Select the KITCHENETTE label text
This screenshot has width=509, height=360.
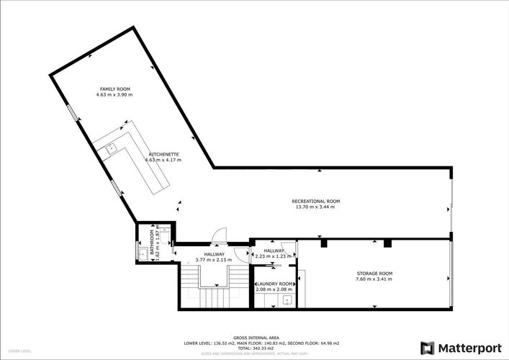click(159, 154)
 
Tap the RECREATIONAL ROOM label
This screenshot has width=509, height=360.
click(315, 201)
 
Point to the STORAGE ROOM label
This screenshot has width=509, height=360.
click(374, 273)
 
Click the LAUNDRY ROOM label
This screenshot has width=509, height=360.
click(274, 284)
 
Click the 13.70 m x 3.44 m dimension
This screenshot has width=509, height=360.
click(315, 207)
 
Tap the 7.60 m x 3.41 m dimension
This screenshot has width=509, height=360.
click(374, 279)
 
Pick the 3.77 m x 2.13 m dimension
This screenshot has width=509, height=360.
click(214, 259)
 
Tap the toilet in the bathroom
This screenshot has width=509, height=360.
click(140, 252)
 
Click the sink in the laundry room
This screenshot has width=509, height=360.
click(287, 300)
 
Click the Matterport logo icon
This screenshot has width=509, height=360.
click(428, 348)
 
